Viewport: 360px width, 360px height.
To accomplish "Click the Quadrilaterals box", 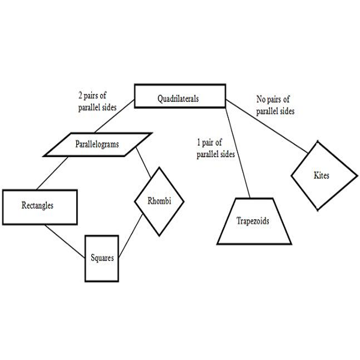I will [178, 96].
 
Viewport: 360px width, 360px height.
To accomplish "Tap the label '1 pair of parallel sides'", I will [215, 149].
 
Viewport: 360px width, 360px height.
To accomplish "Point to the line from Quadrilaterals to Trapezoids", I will [235, 152].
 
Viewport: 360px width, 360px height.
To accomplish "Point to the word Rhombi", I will [160, 202].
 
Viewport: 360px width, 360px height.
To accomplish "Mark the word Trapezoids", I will [253, 221].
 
